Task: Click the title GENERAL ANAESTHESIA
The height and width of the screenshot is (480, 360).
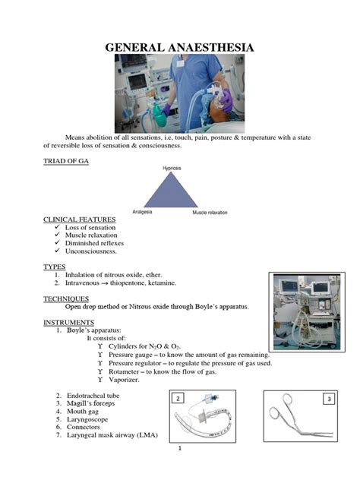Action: coord(179,49)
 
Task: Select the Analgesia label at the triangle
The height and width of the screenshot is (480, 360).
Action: coord(142,212)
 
